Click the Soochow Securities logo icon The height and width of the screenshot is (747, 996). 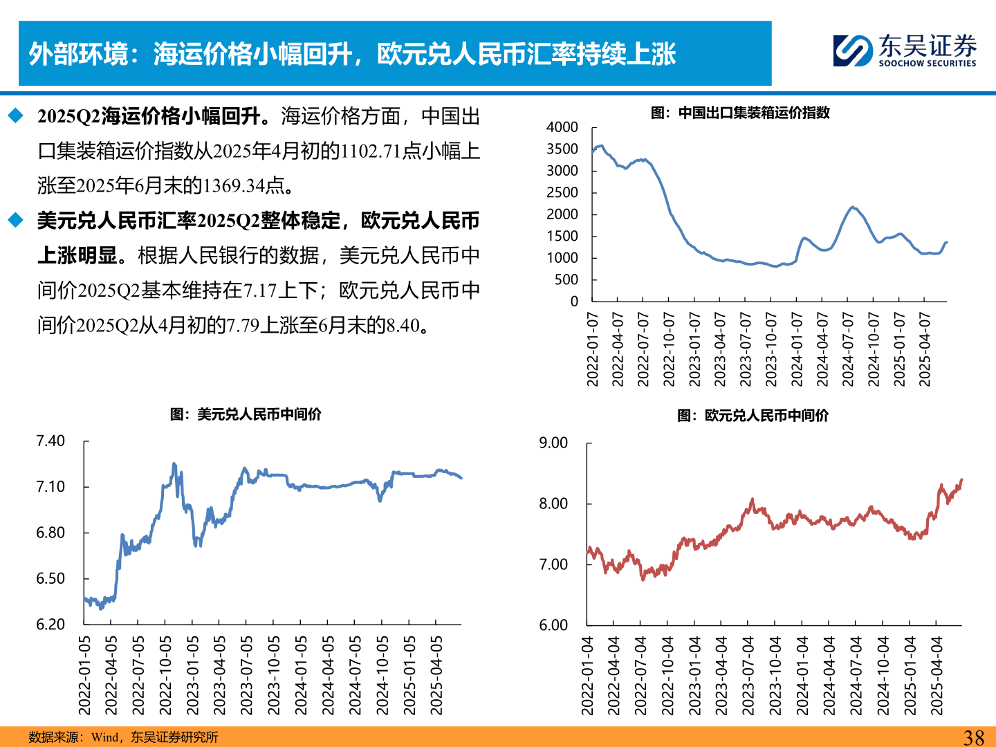(853, 50)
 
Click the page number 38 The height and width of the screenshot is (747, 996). (974, 737)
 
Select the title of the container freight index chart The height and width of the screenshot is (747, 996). (740, 113)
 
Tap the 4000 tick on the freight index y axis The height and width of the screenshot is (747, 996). (562, 127)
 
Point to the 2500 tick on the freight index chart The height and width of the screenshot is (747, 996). (562, 193)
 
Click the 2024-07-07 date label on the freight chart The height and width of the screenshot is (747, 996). (848, 349)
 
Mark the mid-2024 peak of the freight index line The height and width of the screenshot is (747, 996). (853, 207)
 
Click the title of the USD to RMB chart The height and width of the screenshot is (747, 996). (246, 414)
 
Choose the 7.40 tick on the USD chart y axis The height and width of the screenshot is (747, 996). (50, 441)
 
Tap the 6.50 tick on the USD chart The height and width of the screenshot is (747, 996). (50, 579)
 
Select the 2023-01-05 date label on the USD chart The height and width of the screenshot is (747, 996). (192, 675)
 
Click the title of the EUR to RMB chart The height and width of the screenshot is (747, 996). (753, 416)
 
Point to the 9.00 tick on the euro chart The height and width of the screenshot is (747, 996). (553, 443)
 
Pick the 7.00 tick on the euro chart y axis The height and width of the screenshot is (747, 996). (553, 564)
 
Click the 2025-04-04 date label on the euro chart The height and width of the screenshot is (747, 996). (937, 676)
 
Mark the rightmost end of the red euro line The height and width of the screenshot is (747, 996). (961, 480)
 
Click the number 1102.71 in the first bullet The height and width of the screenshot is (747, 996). (371, 151)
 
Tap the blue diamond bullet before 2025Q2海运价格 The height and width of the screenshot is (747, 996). (16, 116)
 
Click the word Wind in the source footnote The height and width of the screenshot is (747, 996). (105, 737)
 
